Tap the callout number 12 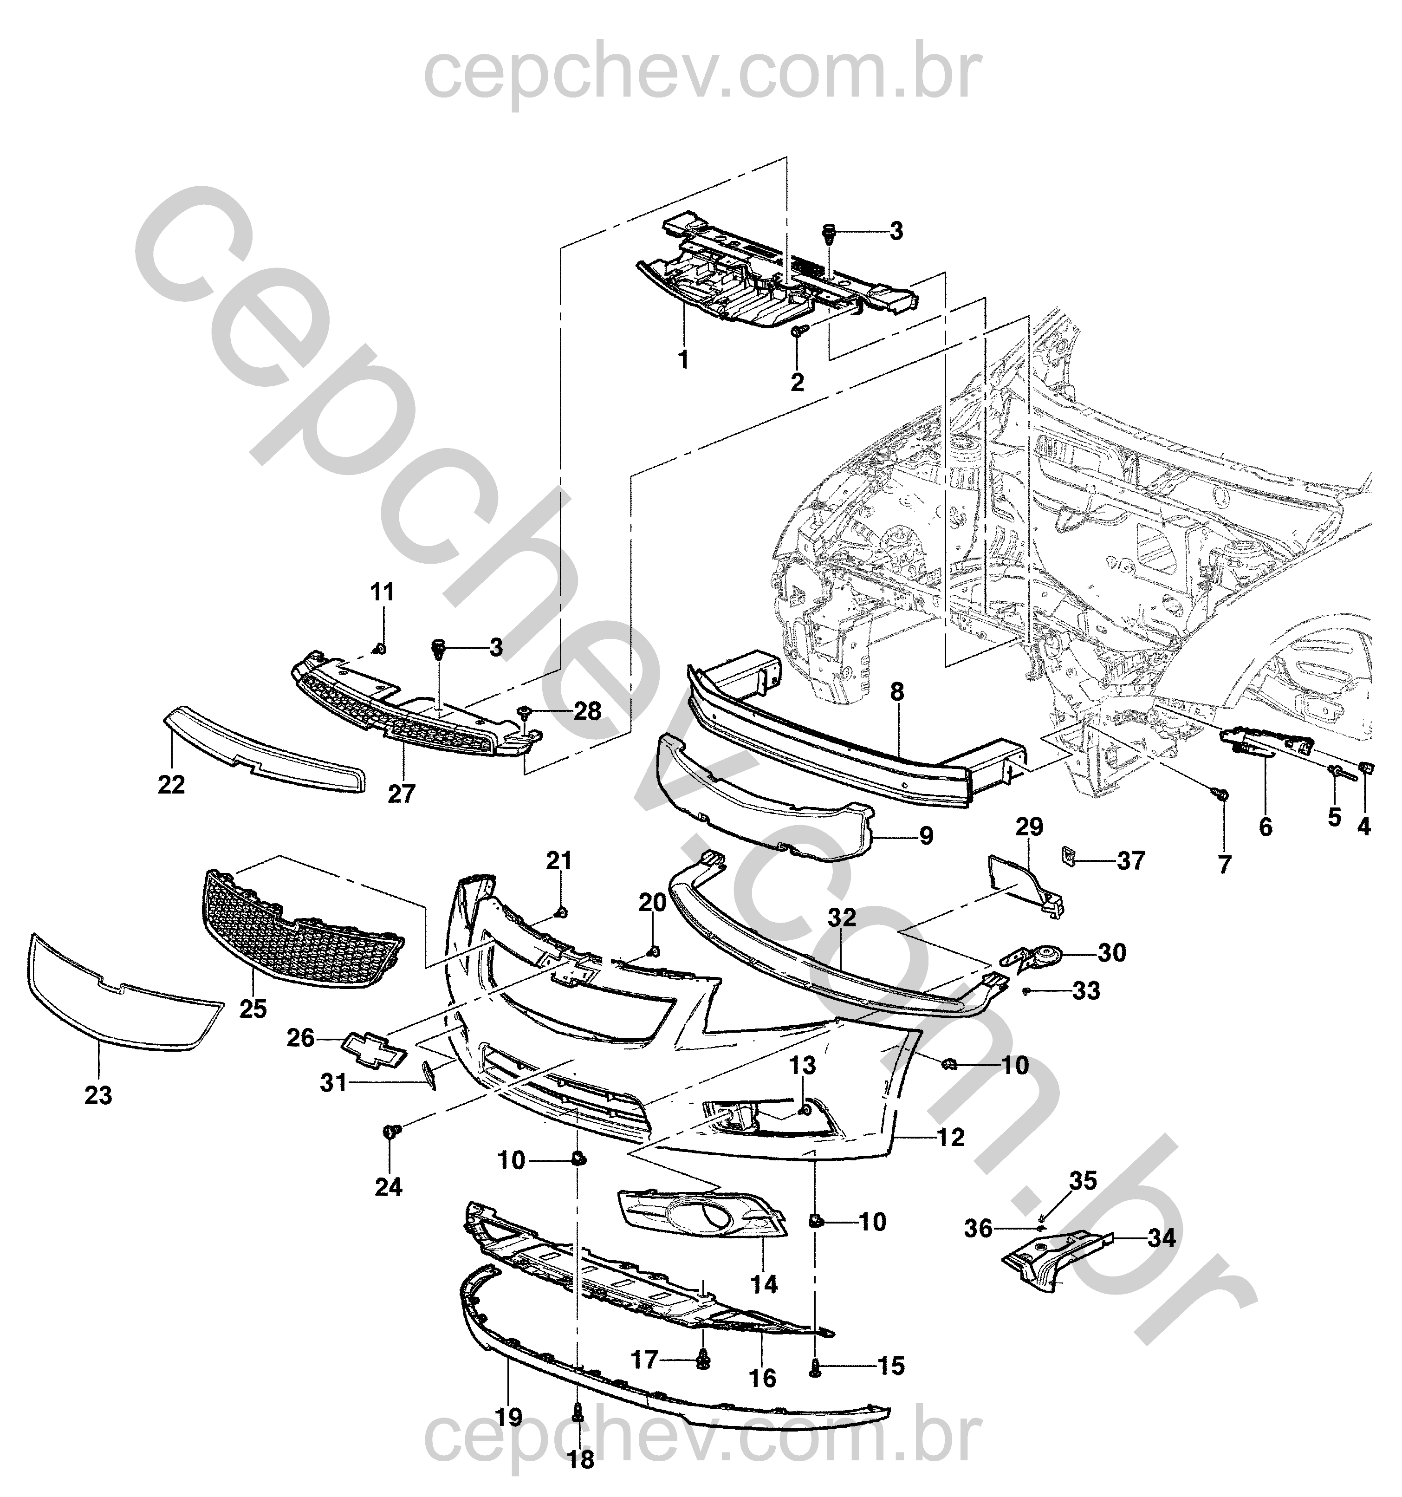tap(951, 1137)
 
